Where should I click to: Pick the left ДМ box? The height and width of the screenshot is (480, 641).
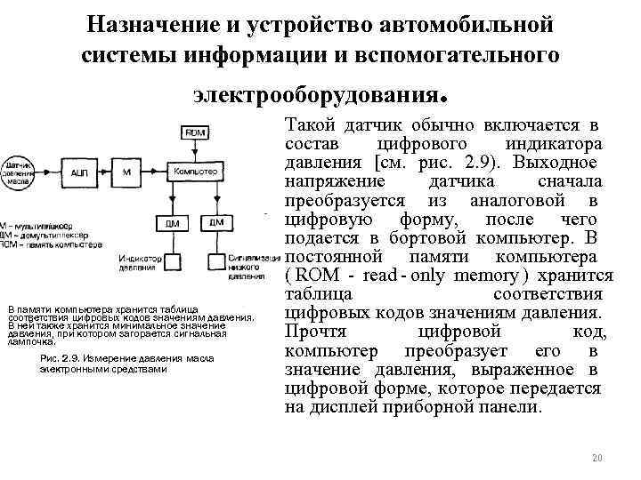pos(170,223)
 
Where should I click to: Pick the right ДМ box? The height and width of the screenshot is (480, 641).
pos(216,223)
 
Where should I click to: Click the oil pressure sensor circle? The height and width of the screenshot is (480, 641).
pos(19,172)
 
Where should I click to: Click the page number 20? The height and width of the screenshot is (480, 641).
pos(597,458)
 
